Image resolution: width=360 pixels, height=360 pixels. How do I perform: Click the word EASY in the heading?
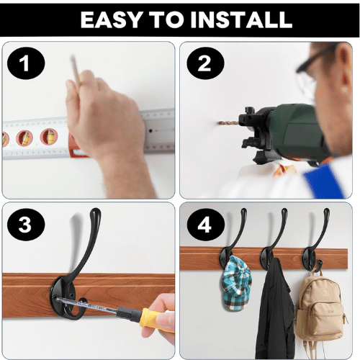pyautogui.click(x=111, y=19)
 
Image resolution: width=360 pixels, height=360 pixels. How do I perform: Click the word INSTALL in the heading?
pyautogui.click(x=241, y=19)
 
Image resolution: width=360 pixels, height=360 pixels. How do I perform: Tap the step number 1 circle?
pyautogui.click(x=26, y=63)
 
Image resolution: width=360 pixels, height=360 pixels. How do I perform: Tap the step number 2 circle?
pyautogui.click(x=205, y=63)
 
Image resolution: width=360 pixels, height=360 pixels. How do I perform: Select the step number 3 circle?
pyautogui.click(x=26, y=225)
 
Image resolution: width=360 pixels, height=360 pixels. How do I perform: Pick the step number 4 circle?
pyautogui.click(x=205, y=225)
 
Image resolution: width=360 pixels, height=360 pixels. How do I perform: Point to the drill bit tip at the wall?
pyautogui.click(x=220, y=123)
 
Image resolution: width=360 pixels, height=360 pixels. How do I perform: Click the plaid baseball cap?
pyautogui.click(x=237, y=283)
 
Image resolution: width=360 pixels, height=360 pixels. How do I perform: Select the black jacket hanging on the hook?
pyautogui.click(x=275, y=310)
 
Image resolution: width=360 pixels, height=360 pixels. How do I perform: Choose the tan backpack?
pyautogui.click(x=320, y=312)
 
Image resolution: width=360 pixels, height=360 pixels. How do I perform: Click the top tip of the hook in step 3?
pyautogui.click(x=96, y=211)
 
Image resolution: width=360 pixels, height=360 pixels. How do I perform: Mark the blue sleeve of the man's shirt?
pyautogui.click(x=324, y=181)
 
